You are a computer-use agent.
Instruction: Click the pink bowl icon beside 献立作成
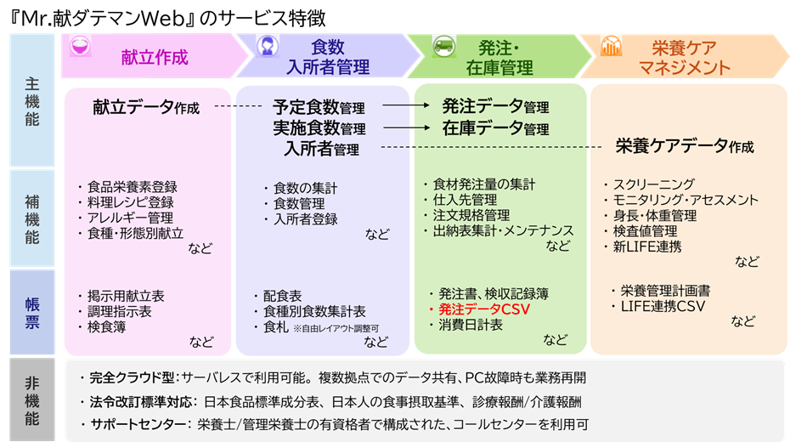point(81,48)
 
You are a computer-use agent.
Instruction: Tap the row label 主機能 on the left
point(31,102)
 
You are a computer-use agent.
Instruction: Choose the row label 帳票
point(31,310)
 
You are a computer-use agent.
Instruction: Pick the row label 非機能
point(31,400)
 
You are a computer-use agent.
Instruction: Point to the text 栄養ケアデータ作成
point(684,146)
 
